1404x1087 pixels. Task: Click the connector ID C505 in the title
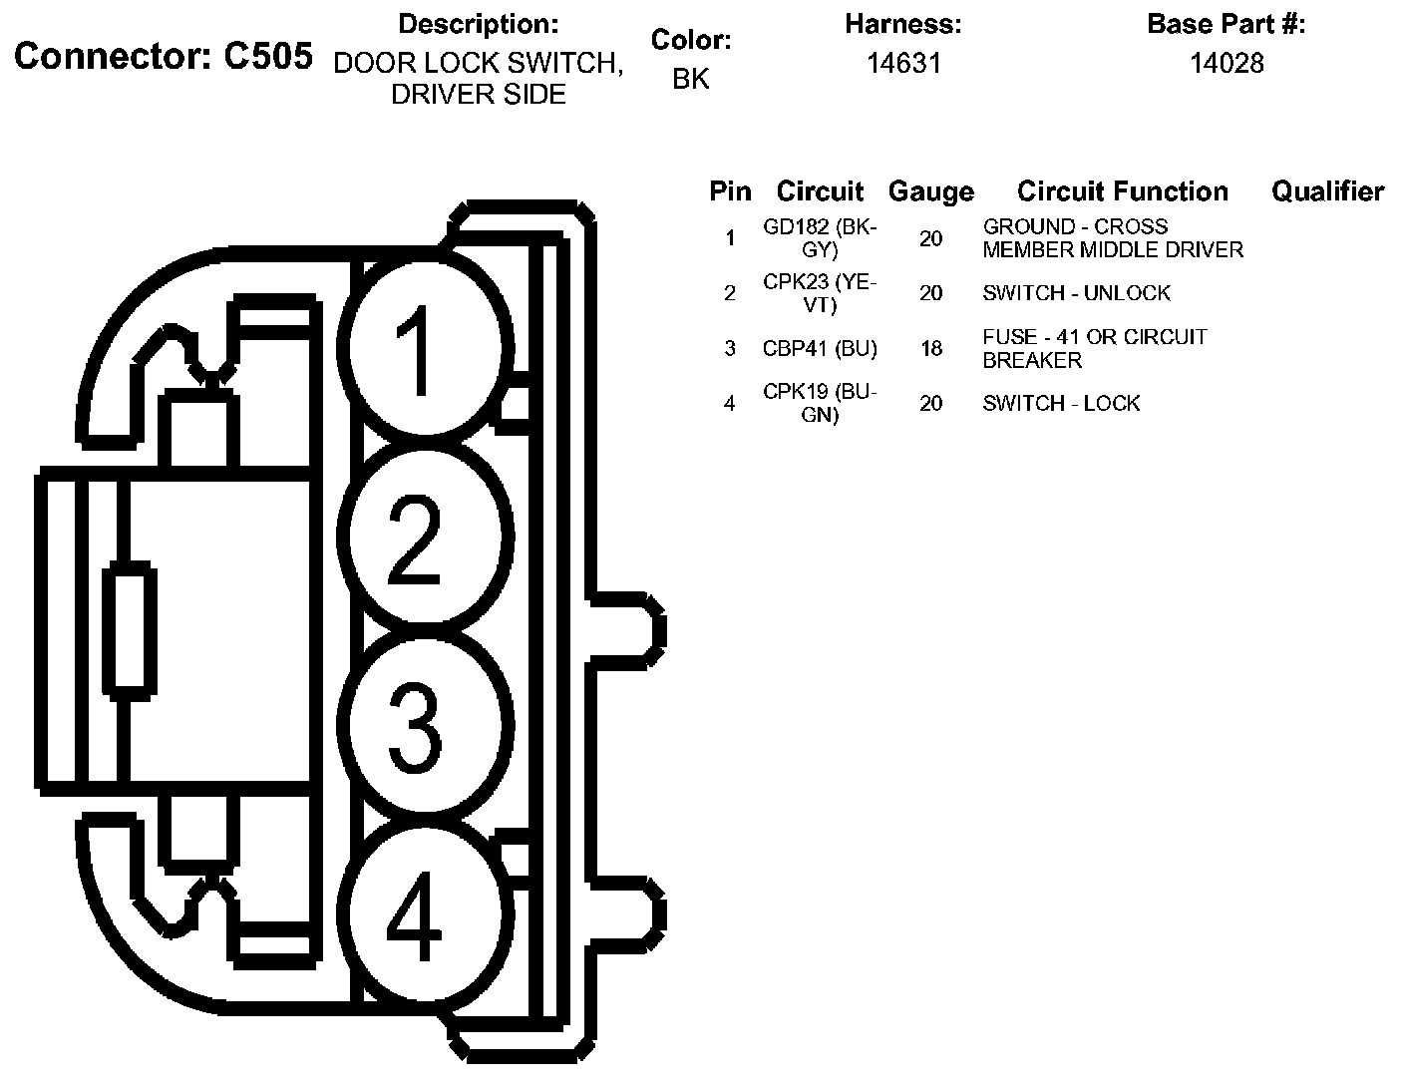click(267, 57)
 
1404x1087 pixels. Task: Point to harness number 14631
click(902, 64)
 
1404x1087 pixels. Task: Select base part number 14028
click(1226, 64)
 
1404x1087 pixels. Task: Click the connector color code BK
click(690, 79)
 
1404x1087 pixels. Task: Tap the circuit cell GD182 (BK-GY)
click(819, 238)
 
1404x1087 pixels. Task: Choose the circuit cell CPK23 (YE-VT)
click(819, 293)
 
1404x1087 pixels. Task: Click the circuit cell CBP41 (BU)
click(819, 348)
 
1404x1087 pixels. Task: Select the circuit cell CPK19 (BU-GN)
click(819, 403)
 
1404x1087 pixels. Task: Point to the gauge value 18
click(930, 348)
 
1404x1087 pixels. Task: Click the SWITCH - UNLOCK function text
click(1076, 293)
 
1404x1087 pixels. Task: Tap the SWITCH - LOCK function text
click(1061, 403)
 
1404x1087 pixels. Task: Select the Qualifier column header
click(1326, 191)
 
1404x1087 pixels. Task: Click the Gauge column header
click(930, 191)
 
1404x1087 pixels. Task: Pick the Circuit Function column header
click(1122, 191)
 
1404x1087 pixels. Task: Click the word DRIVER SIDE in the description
click(478, 95)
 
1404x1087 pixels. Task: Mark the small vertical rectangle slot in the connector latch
click(130, 627)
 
